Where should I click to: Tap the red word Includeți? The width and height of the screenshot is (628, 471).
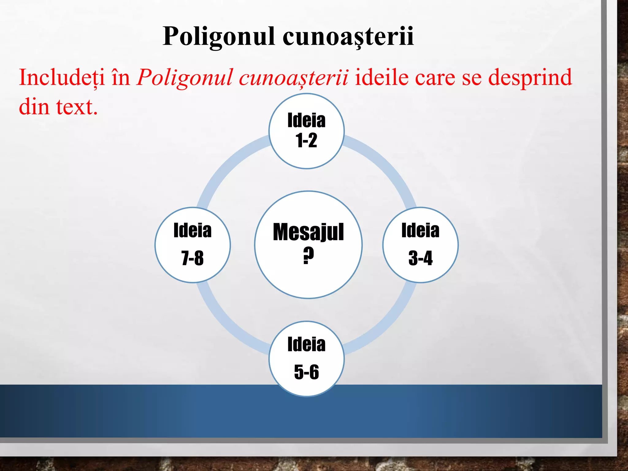point(61,77)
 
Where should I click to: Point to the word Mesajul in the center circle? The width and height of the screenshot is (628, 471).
point(308,232)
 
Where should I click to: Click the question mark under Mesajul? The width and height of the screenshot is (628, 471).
point(308,255)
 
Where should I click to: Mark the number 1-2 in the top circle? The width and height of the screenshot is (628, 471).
point(306,141)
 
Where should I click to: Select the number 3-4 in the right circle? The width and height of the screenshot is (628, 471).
point(420,258)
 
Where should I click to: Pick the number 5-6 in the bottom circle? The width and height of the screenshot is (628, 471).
point(306,372)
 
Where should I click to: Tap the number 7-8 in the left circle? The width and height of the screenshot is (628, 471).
point(193,258)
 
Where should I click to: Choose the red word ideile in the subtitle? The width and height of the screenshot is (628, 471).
point(381,77)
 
